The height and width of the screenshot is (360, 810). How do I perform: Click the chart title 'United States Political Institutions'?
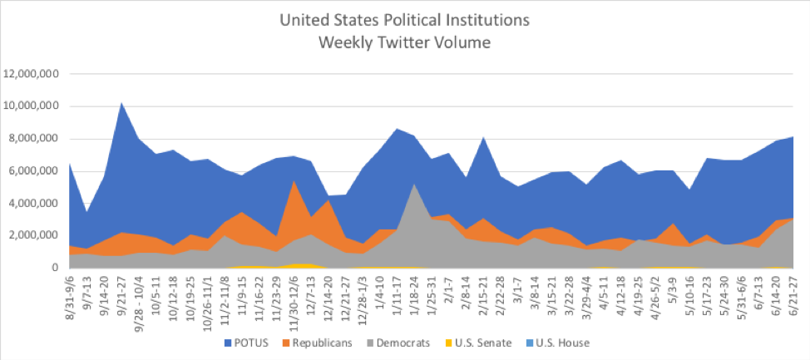point(404,17)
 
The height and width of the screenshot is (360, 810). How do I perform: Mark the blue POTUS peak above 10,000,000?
point(122,103)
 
